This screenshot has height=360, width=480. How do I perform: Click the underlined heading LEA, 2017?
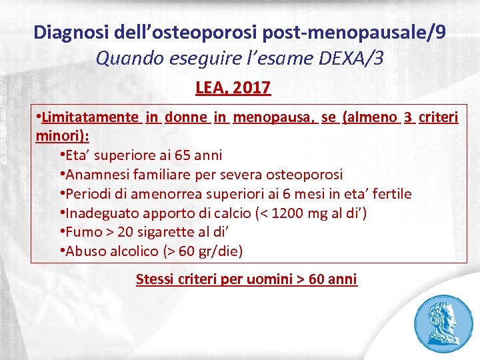point(233,87)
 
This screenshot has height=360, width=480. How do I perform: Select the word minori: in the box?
point(62,135)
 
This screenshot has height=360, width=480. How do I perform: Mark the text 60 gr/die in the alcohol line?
point(211,252)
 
